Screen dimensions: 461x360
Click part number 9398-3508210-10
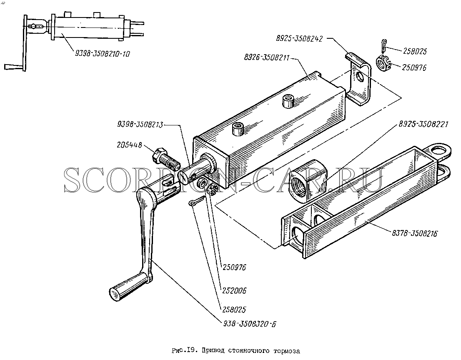click(103, 54)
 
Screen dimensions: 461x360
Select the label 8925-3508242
click(299, 38)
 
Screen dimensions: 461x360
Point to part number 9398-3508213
click(140, 124)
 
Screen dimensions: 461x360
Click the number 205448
click(129, 145)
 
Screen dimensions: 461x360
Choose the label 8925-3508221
click(423, 124)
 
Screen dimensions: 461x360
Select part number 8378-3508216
click(415, 233)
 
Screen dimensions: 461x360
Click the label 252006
click(234, 290)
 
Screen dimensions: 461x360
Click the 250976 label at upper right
click(413, 67)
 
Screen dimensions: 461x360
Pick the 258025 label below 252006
click(234, 310)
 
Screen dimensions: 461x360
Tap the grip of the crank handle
click(128, 287)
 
